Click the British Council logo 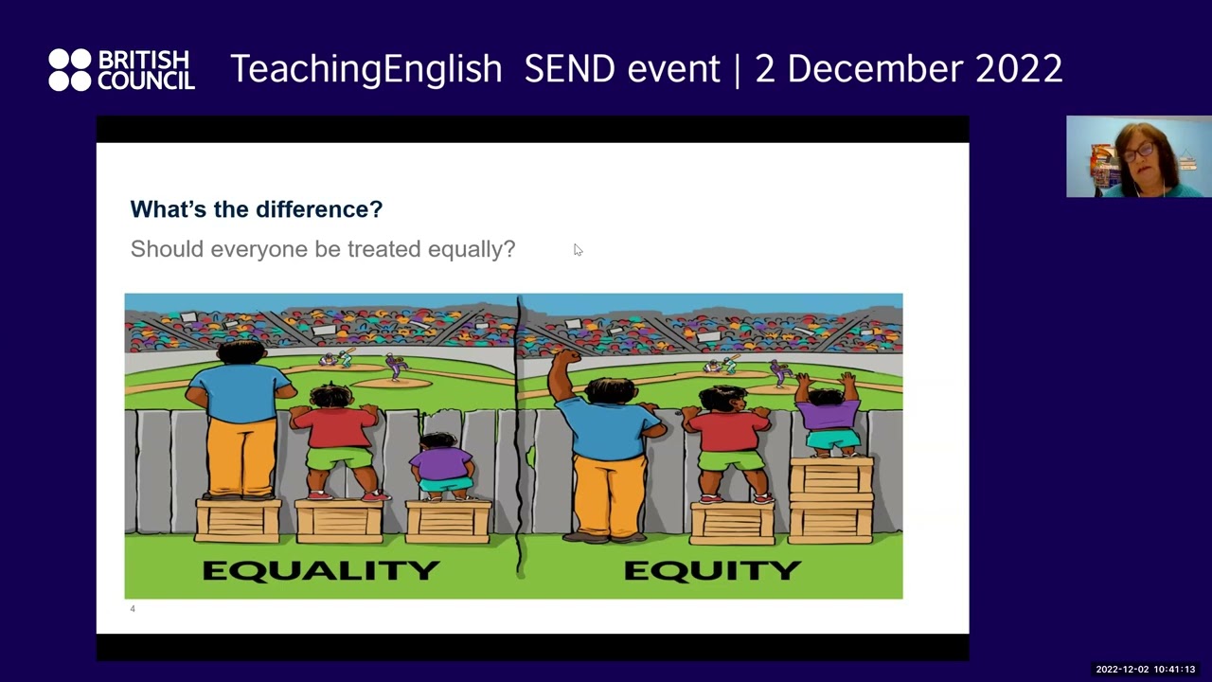coord(121,70)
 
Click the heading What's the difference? coord(256,209)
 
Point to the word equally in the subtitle coord(471,249)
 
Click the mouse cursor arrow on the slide coord(578,250)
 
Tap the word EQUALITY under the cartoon coord(321,570)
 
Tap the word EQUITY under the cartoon coord(712,570)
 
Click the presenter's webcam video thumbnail coord(1138,156)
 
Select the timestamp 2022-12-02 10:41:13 coord(1145,670)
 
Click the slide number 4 coord(133,609)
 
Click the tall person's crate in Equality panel coord(238,520)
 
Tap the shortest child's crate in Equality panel coord(448,522)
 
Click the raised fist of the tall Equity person coord(565,361)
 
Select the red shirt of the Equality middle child coord(336,427)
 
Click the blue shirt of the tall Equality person coord(241,391)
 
